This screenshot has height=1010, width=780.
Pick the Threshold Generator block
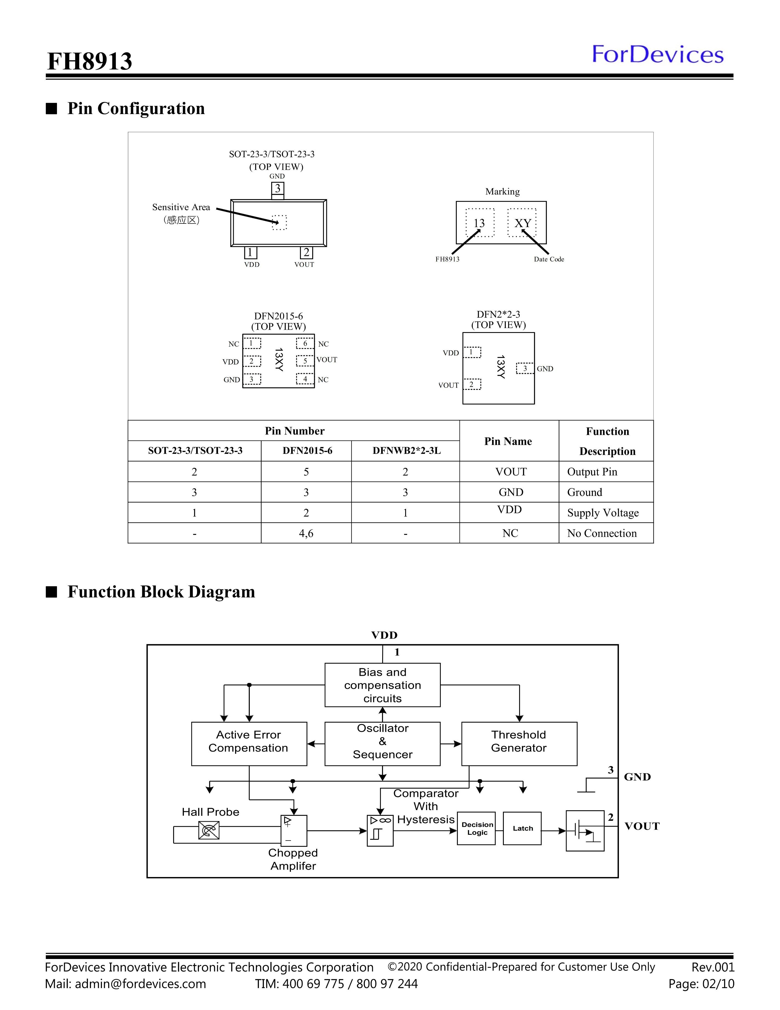tap(519, 744)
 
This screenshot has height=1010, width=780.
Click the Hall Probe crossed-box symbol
tap(209, 830)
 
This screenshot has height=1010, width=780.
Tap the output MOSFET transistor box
tap(585, 831)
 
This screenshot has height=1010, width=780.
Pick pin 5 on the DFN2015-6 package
tap(305, 361)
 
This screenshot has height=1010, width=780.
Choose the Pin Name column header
tap(508, 441)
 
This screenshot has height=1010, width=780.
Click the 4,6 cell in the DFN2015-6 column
tap(306, 533)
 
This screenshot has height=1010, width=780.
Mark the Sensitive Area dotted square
tap(279, 222)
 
